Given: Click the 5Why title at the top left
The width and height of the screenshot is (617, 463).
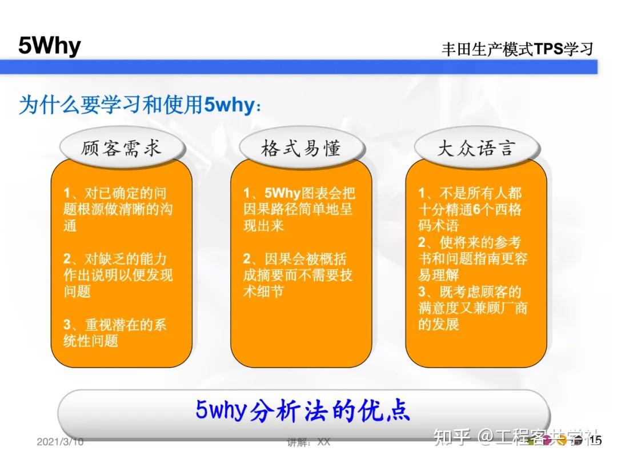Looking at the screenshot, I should (x=49, y=46).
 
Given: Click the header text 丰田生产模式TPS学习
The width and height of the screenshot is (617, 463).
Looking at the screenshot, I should (x=516, y=49).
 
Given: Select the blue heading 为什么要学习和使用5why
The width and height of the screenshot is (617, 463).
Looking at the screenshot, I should (x=141, y=105).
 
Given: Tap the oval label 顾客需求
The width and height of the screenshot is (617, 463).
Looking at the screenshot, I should (x=122, y=148).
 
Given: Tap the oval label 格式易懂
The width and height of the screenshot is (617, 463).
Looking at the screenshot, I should (x=301, y=148).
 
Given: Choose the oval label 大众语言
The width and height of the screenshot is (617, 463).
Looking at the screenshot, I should (x=476, y=148).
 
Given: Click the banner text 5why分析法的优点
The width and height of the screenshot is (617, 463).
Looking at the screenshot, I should (x=303, y=410).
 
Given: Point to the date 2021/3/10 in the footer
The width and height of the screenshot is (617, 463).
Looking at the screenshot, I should (x=60, y=442).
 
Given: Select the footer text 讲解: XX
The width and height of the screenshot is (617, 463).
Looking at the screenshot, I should (x=308, y=442).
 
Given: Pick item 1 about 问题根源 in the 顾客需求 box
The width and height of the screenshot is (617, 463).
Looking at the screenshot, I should (x=118, y=209).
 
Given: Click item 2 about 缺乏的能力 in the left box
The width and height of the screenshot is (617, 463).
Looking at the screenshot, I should (x=118, y=275).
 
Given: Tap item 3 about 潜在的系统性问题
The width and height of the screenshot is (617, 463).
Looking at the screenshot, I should (x=114, y=333).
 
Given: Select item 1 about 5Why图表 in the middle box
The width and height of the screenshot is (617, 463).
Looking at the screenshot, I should (x=299, y=209).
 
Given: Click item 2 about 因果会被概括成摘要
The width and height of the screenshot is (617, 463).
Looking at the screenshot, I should (x=297, y=275).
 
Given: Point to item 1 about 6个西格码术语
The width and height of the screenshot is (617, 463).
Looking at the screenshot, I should (x=470, y=209).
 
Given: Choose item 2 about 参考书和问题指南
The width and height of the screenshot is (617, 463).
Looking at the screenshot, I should (x=472, y=258).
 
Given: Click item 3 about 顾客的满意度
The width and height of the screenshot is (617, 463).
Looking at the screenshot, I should (x=472, y=308).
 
